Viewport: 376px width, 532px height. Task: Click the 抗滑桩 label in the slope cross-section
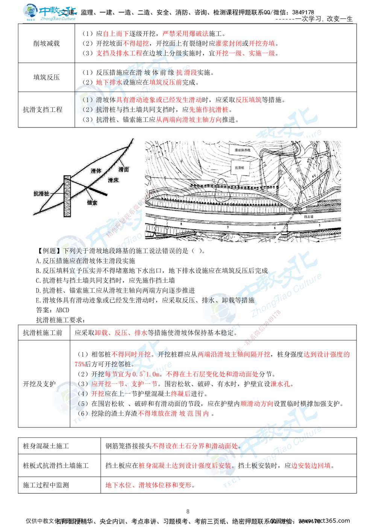pyautogui.click(x=41, y=194)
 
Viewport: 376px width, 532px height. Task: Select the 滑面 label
pyautogui.click(x=123, y=170)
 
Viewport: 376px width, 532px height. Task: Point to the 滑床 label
pyautogui.click(x=113, y=180)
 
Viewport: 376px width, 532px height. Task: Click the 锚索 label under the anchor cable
pyautogui.click(x=92, y=202)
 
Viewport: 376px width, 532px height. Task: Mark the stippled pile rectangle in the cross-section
pyautogui.click(x=67, y=196)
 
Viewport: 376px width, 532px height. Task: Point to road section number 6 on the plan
pyautogui.click(x=275, y=228)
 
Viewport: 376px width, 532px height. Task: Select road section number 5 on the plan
pyautogui.click(x=320, y=225)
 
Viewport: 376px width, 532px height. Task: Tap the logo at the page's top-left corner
pyautogui.click(x=49, y=12)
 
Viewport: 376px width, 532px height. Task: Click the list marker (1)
pyautogui.click(x=87, y=100)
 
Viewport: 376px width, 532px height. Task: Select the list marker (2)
pyautogui.click(x=87, y=110)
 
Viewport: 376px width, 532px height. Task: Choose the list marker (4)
pyautogui.click(x=83, y=394)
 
